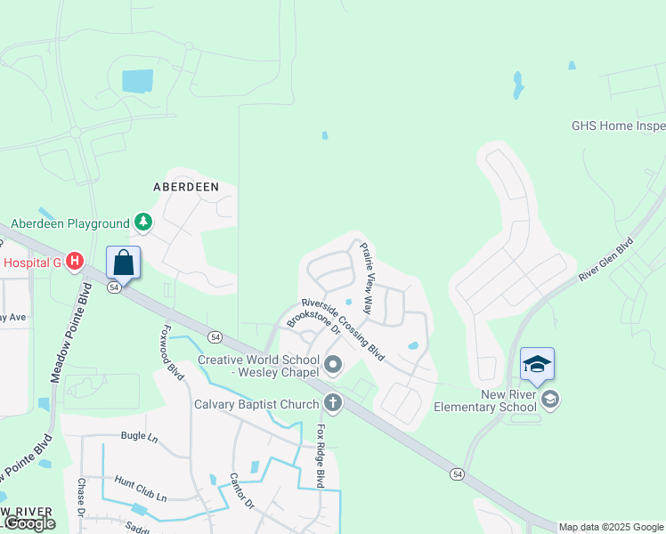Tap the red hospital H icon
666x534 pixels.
[75, 262]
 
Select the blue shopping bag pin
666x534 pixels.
[124, 263]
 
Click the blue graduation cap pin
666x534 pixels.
[537, 364]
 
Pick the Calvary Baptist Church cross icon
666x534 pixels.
[333, 404]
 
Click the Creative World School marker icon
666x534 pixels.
[334, 364]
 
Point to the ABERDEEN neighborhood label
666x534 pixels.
[185, 187]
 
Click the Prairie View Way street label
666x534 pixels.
[366, 270]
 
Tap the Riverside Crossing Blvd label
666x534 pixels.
[342, 329]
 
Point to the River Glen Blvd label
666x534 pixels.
[606, 259]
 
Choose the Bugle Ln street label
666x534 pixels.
[138, 437]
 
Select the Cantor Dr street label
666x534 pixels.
[242, 490]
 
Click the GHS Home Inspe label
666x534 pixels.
[618, 125]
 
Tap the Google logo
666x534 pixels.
[29, 523]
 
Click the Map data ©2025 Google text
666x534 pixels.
[611, 527]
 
